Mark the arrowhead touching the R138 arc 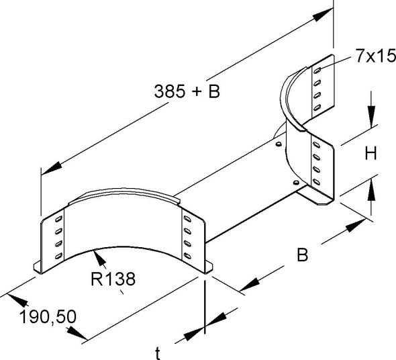click(x=99, y=254)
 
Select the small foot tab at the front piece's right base click(x=208, y=269)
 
